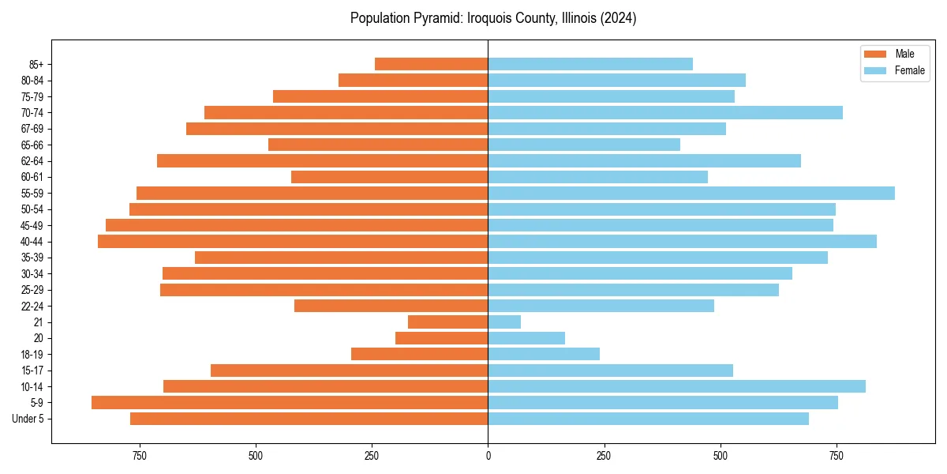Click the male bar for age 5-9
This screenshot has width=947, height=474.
(290, 403)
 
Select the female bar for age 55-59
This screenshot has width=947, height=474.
(691, 194)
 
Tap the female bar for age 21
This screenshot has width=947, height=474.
(504, 322)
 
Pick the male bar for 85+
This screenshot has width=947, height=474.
(431, 64)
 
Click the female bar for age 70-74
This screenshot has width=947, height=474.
(665, 113)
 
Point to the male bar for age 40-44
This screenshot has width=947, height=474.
(293, 242)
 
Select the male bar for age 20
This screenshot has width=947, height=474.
(441, 338)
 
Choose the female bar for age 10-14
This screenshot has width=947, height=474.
(676, 386)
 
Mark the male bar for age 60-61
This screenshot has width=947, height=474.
(389, 177)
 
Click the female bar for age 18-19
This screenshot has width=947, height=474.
(544, 354)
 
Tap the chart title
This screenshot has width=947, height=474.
(493, 18)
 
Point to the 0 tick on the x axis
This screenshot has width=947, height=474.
(488, 456)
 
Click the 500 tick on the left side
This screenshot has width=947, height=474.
(255, 456)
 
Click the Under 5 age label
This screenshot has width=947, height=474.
(28, 419)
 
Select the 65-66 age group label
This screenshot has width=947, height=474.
(33, 145)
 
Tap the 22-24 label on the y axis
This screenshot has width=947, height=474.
(33, 307)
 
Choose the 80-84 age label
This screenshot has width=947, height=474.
(33, 81)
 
